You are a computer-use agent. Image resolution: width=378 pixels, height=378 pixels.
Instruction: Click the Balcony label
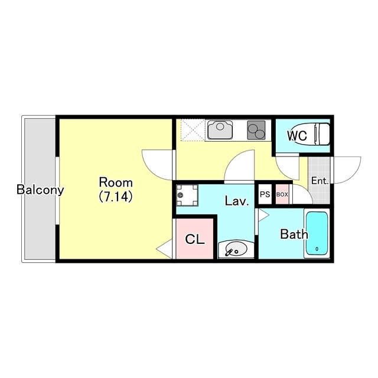pos(40,190)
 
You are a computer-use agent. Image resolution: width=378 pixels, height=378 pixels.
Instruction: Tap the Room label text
pos(116,183)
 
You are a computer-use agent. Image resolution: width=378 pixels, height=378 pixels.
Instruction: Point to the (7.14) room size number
pos(116,196)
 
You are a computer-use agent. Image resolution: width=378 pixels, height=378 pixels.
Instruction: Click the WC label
pos(297,136)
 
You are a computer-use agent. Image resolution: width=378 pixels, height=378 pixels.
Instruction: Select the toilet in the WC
pos(311,134)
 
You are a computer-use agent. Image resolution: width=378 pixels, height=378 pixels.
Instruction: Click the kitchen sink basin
pos(220,130)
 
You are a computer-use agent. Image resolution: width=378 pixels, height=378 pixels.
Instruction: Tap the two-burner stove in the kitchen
pos(256,130)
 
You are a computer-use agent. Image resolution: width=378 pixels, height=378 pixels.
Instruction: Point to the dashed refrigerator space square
pos(193,129)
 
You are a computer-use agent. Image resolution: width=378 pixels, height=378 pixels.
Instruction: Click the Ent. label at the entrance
pos(320,181)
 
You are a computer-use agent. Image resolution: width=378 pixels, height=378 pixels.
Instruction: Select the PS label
pos(265,194)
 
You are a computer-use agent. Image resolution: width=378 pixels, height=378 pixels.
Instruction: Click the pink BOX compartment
pos(282,194)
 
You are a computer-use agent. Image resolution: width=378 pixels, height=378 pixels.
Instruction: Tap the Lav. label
pos(237,201)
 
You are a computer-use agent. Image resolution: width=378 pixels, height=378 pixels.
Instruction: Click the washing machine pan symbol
pos(187,195)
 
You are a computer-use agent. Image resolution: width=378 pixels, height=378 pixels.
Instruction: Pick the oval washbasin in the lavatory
pos(236,249)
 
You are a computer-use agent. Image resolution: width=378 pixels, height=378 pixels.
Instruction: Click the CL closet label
pos(195,239)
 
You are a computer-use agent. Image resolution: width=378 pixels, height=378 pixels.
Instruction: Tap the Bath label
pos(294,234)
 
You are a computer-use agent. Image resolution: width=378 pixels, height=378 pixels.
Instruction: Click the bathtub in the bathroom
pos(317,233)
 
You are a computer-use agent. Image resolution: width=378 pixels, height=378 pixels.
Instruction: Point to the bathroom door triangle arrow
pos(263,215)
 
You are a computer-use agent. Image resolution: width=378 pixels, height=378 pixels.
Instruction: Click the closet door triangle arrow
pos(164,249)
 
